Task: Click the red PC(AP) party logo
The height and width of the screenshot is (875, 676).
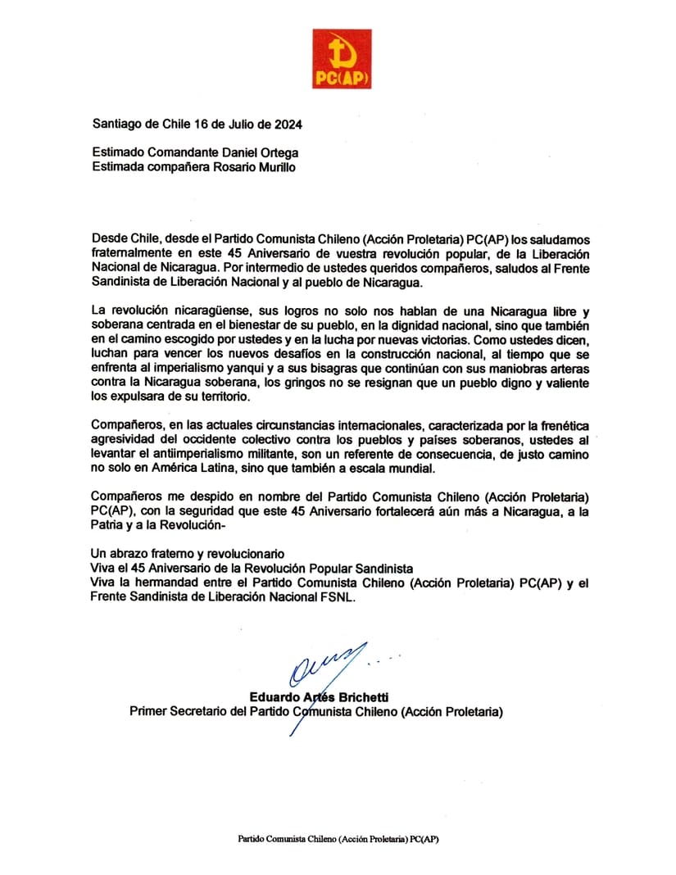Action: click(x=341, y=58)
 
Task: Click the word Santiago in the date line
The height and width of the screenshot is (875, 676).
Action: click(x=117, y=125)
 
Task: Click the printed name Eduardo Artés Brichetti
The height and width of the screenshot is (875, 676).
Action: click(x=315, y=697)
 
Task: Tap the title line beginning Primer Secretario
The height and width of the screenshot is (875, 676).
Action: click(x=315, y=712)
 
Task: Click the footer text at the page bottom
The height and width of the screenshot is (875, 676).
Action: click(x=337, y=839)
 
